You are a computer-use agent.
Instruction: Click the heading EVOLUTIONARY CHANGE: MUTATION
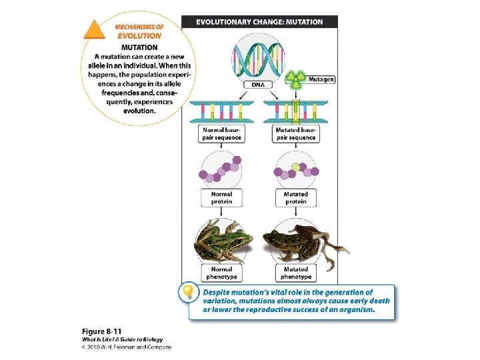(259, 22)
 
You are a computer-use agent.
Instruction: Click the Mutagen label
(322, 79)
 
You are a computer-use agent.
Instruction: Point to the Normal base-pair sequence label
(221, 133)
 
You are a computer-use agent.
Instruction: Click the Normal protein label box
(221, 197)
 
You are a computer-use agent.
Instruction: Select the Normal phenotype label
(221, 273)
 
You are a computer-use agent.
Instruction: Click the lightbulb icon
(189, 293)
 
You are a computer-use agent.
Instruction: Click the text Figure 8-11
(102, 331)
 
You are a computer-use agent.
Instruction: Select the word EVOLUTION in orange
(139, 36)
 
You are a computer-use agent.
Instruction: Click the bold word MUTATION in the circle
(139, 47)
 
